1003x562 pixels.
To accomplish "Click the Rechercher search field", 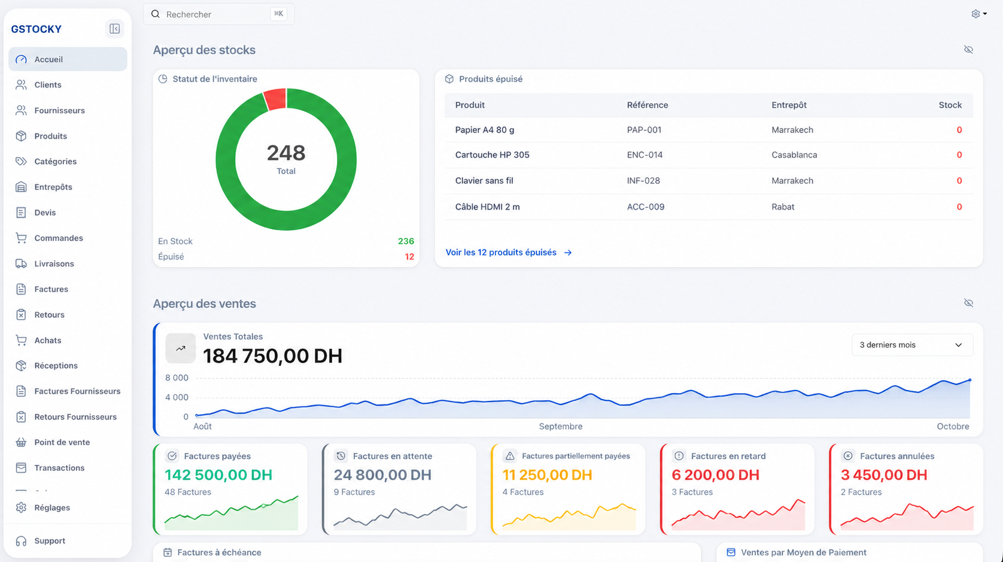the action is (218, 14).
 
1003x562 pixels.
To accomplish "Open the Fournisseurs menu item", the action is (59, 110).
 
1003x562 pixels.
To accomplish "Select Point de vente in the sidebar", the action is (62, 442).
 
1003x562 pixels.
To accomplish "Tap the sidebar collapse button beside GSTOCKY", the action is (115, 29).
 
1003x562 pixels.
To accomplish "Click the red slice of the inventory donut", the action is (275, 99).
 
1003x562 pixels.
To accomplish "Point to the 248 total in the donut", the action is (286, 153).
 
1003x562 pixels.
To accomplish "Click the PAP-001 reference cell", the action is (644, 130).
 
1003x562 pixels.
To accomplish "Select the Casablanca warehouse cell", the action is (794, 155).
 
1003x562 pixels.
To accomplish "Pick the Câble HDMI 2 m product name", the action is (487, 207).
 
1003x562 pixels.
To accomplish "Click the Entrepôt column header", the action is (789, 105).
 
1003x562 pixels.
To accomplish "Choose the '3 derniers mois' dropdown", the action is (912, 345).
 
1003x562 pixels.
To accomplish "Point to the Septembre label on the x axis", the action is (561, 427).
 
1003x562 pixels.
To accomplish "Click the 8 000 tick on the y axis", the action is (177, 378).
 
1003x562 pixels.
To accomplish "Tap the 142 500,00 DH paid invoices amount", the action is (218, 475).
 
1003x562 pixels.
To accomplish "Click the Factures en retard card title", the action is (728, 456).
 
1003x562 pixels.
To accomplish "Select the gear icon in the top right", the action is (975, 14).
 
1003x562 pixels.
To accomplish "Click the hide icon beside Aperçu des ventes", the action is (968, 303).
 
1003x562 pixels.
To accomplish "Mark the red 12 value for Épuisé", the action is (409, 257).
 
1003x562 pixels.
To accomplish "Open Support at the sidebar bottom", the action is (50, 541).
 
